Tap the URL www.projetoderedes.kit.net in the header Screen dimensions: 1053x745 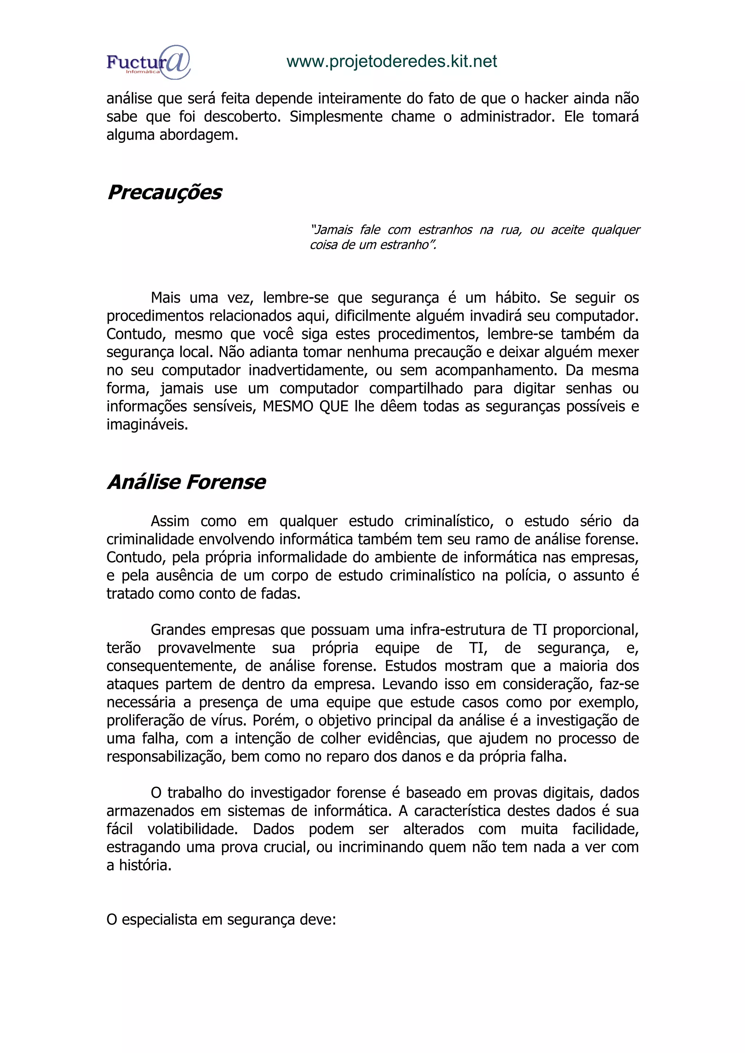[x=391, y=61]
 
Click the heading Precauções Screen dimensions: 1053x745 [x=164, y=192]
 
